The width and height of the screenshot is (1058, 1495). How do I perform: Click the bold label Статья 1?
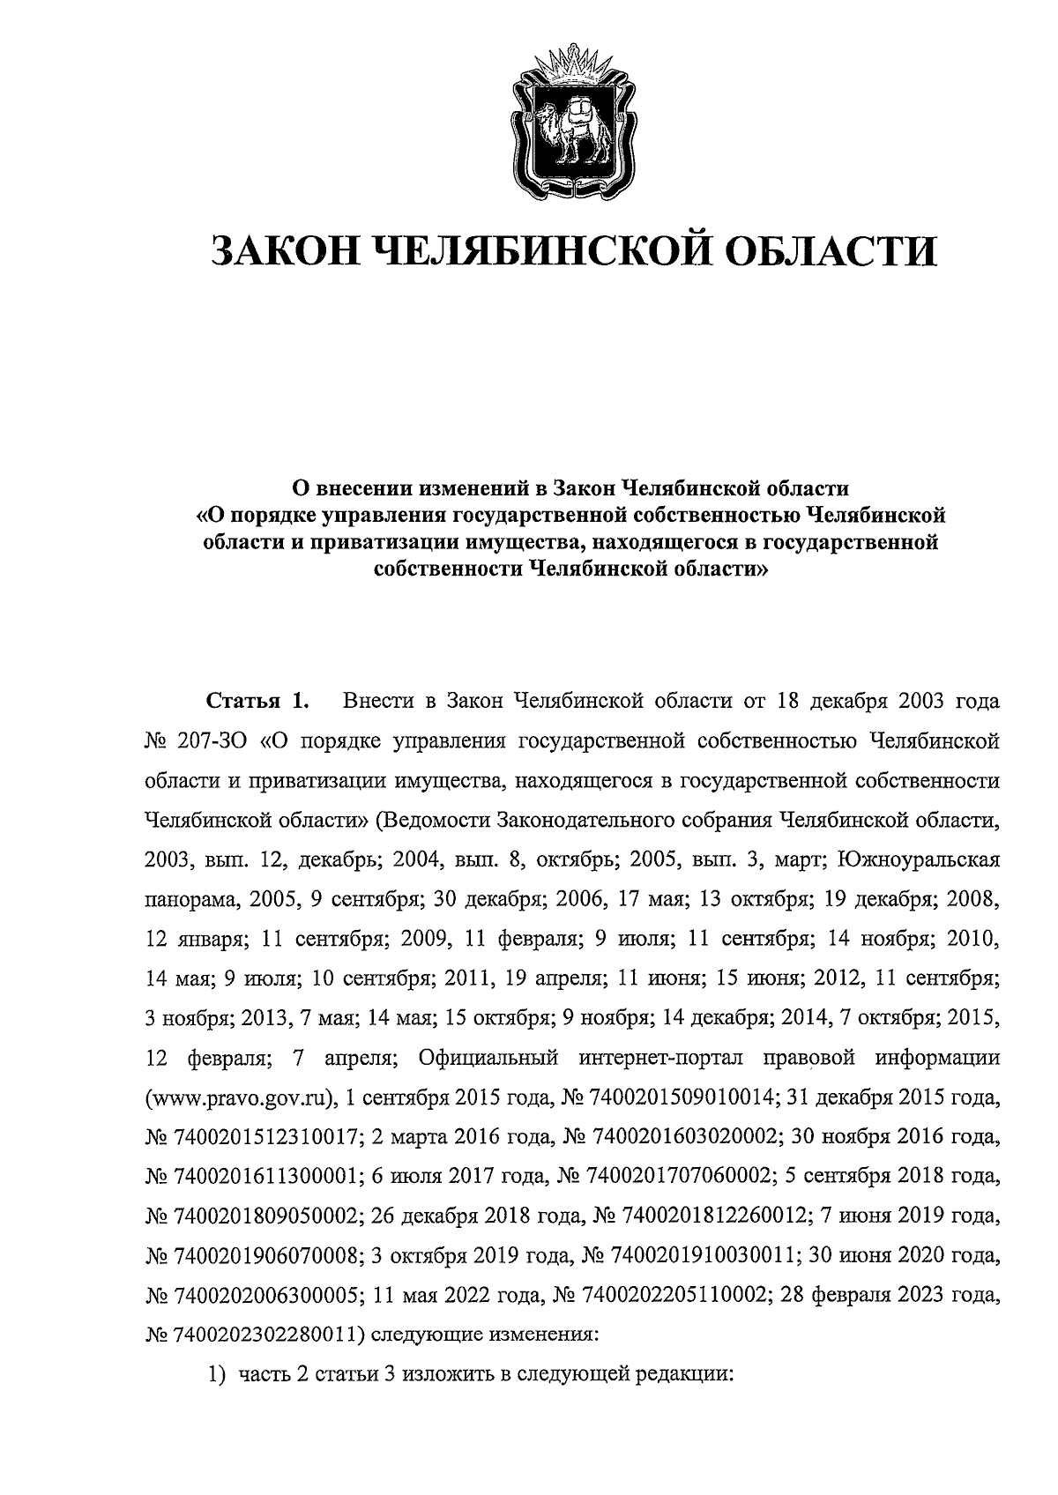pos(257,703)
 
